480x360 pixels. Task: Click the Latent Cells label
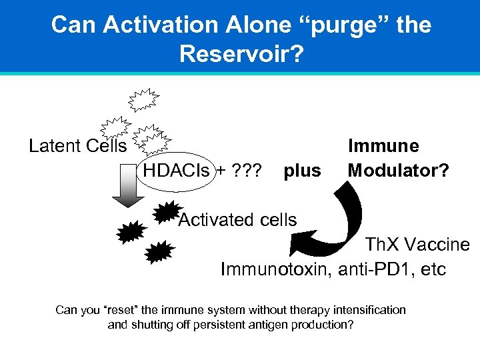[x=77, y=145]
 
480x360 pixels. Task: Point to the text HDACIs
[x=175, y=171]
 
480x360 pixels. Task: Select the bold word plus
[x=302, y=171]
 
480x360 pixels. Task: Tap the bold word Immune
[x=383, y=146]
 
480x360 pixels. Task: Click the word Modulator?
[x=398, y=171]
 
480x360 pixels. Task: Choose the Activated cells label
[x=237, y=219]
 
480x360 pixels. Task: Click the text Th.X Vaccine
[x=417, y=245]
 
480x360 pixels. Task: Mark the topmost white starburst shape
[x=143, y=99]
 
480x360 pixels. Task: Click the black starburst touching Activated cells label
[x=165, y=212]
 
